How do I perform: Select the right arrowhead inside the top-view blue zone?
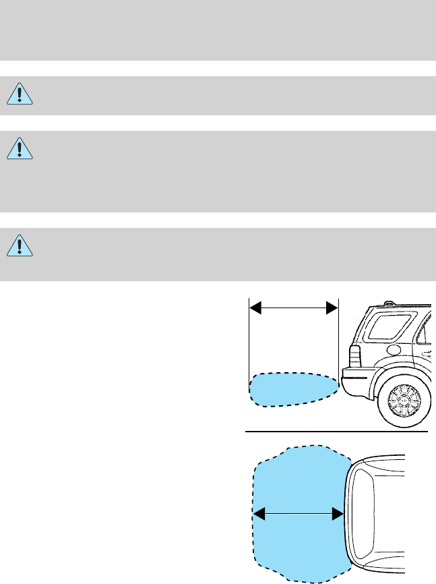click(339, 515)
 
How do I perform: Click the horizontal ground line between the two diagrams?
click(337, 430)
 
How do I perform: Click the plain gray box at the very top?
click(218, 30)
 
